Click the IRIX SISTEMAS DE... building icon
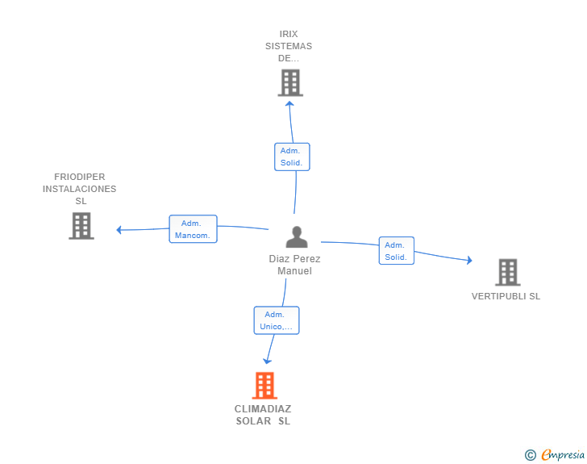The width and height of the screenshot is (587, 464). pos(290,82)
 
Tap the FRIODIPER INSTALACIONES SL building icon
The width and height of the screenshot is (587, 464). pos(81,226)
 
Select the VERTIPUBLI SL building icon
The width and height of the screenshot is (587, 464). pos(508,272)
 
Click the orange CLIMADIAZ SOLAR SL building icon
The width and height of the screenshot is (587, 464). pos(264,385)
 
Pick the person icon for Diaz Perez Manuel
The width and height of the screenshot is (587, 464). pos(297,237)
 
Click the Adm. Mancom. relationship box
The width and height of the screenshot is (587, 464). pos(194,229)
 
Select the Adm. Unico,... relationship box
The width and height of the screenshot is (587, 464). pos(277,320)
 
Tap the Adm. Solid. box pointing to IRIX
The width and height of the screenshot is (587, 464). pos(292,157)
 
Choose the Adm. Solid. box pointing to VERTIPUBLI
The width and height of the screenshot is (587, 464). pos(397,251)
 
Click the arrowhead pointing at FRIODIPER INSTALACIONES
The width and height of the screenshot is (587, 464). pos(119,230)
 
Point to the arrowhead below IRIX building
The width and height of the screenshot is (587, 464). pos(289,103)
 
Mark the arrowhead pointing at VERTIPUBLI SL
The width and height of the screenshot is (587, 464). pos(469,260)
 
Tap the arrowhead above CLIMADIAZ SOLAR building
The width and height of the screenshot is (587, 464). pos(267,362)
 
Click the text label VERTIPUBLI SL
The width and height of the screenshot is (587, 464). pos(506,296)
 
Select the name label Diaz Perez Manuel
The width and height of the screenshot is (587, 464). pos(294,265)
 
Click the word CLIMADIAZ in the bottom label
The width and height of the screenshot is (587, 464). pos(263,408)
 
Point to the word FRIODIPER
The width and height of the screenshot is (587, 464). pos(79,177)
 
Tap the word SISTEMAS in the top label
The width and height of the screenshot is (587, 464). pos(289,46)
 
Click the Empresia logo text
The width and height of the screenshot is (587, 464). pos(563,455)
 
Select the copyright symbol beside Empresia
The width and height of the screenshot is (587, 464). pos(531,455)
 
